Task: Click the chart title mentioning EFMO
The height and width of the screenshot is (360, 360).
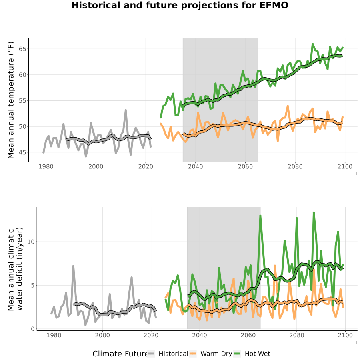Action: tap(180, 5)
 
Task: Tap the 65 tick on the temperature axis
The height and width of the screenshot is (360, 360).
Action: tap(22, 49)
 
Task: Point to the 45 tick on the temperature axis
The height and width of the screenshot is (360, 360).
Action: tap(22, 152)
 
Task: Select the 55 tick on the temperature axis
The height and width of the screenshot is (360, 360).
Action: tap(22, 101)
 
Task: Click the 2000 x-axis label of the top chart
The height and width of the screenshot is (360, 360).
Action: tap(96, 166)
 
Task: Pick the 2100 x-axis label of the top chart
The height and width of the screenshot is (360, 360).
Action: tap(345, 166)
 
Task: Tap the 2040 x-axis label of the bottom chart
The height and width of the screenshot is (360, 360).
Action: tap(200, 335)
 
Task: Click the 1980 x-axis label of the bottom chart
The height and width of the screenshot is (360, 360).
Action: tap(54, 335)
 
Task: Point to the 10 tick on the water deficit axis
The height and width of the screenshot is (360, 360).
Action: tap(31, 242)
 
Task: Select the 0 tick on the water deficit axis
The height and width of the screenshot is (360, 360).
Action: tap(33, 329)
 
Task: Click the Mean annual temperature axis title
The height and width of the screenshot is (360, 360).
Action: tap(11, 100)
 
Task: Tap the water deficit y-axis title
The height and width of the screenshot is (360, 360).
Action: tap(15, 269)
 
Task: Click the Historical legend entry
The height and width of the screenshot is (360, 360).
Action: tap(168, 354)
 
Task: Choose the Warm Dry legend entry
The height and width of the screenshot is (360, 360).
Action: tap(210, 354)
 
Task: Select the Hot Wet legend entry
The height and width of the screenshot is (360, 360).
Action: tap(252, 354)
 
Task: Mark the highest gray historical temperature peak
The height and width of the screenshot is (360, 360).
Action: tap(126, 110)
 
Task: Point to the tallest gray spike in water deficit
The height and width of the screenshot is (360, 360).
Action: tap(73, 266)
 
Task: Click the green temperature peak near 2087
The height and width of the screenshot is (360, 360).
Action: tap(313, 44)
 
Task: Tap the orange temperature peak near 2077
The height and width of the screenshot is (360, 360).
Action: tap(288, 106)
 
